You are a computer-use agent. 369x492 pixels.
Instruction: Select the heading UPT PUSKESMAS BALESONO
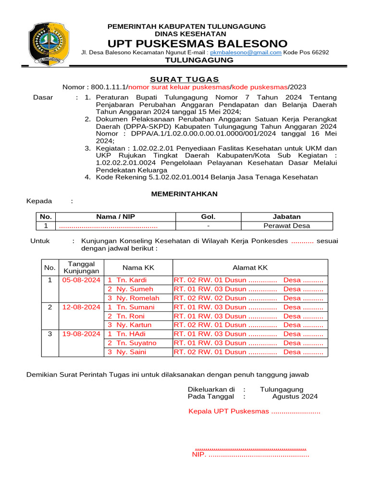(197, 43)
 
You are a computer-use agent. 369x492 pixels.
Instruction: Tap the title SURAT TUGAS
(184, 79)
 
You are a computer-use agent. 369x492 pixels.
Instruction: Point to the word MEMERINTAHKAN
(184, 194)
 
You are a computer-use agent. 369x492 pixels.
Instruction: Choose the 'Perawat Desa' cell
(287, 226)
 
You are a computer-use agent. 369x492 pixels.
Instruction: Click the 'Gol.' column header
(208, 217)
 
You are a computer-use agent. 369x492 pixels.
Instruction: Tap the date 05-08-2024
(81, 280)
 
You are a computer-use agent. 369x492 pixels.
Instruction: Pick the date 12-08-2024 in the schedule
(81, 307)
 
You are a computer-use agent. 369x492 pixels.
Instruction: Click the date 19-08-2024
(81, 334)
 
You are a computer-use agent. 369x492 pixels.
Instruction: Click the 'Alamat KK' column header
(250, 268)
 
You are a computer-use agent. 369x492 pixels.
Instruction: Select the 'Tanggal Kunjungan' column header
(81, 268)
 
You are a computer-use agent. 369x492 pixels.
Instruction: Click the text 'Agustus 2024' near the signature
(295, 396)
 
